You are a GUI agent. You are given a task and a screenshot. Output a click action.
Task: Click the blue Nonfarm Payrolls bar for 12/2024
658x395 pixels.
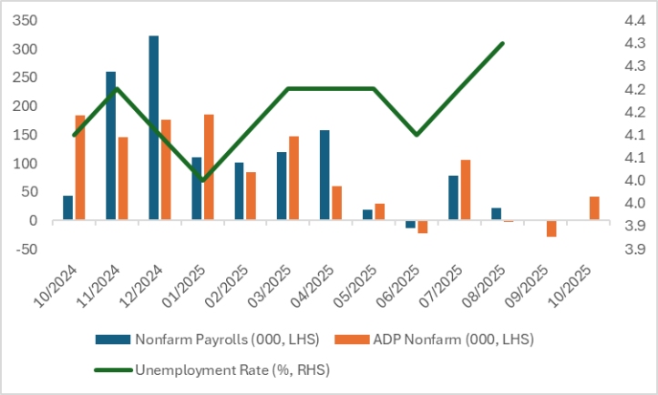(154, 127)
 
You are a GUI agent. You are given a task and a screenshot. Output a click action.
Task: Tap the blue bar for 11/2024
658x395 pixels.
(111, 146)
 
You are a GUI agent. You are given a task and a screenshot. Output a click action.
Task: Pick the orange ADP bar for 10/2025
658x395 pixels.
(594, 208)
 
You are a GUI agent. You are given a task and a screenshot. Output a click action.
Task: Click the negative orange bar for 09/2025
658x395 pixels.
(551, 228)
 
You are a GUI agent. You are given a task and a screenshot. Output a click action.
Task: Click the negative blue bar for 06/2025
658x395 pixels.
(410, 224)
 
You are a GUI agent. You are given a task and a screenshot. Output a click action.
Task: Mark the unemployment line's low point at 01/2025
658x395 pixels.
(202, 180)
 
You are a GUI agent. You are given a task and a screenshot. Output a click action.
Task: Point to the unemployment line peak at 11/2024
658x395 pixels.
(117, 88)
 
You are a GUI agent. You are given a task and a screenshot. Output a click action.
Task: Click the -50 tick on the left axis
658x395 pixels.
(28, 249)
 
